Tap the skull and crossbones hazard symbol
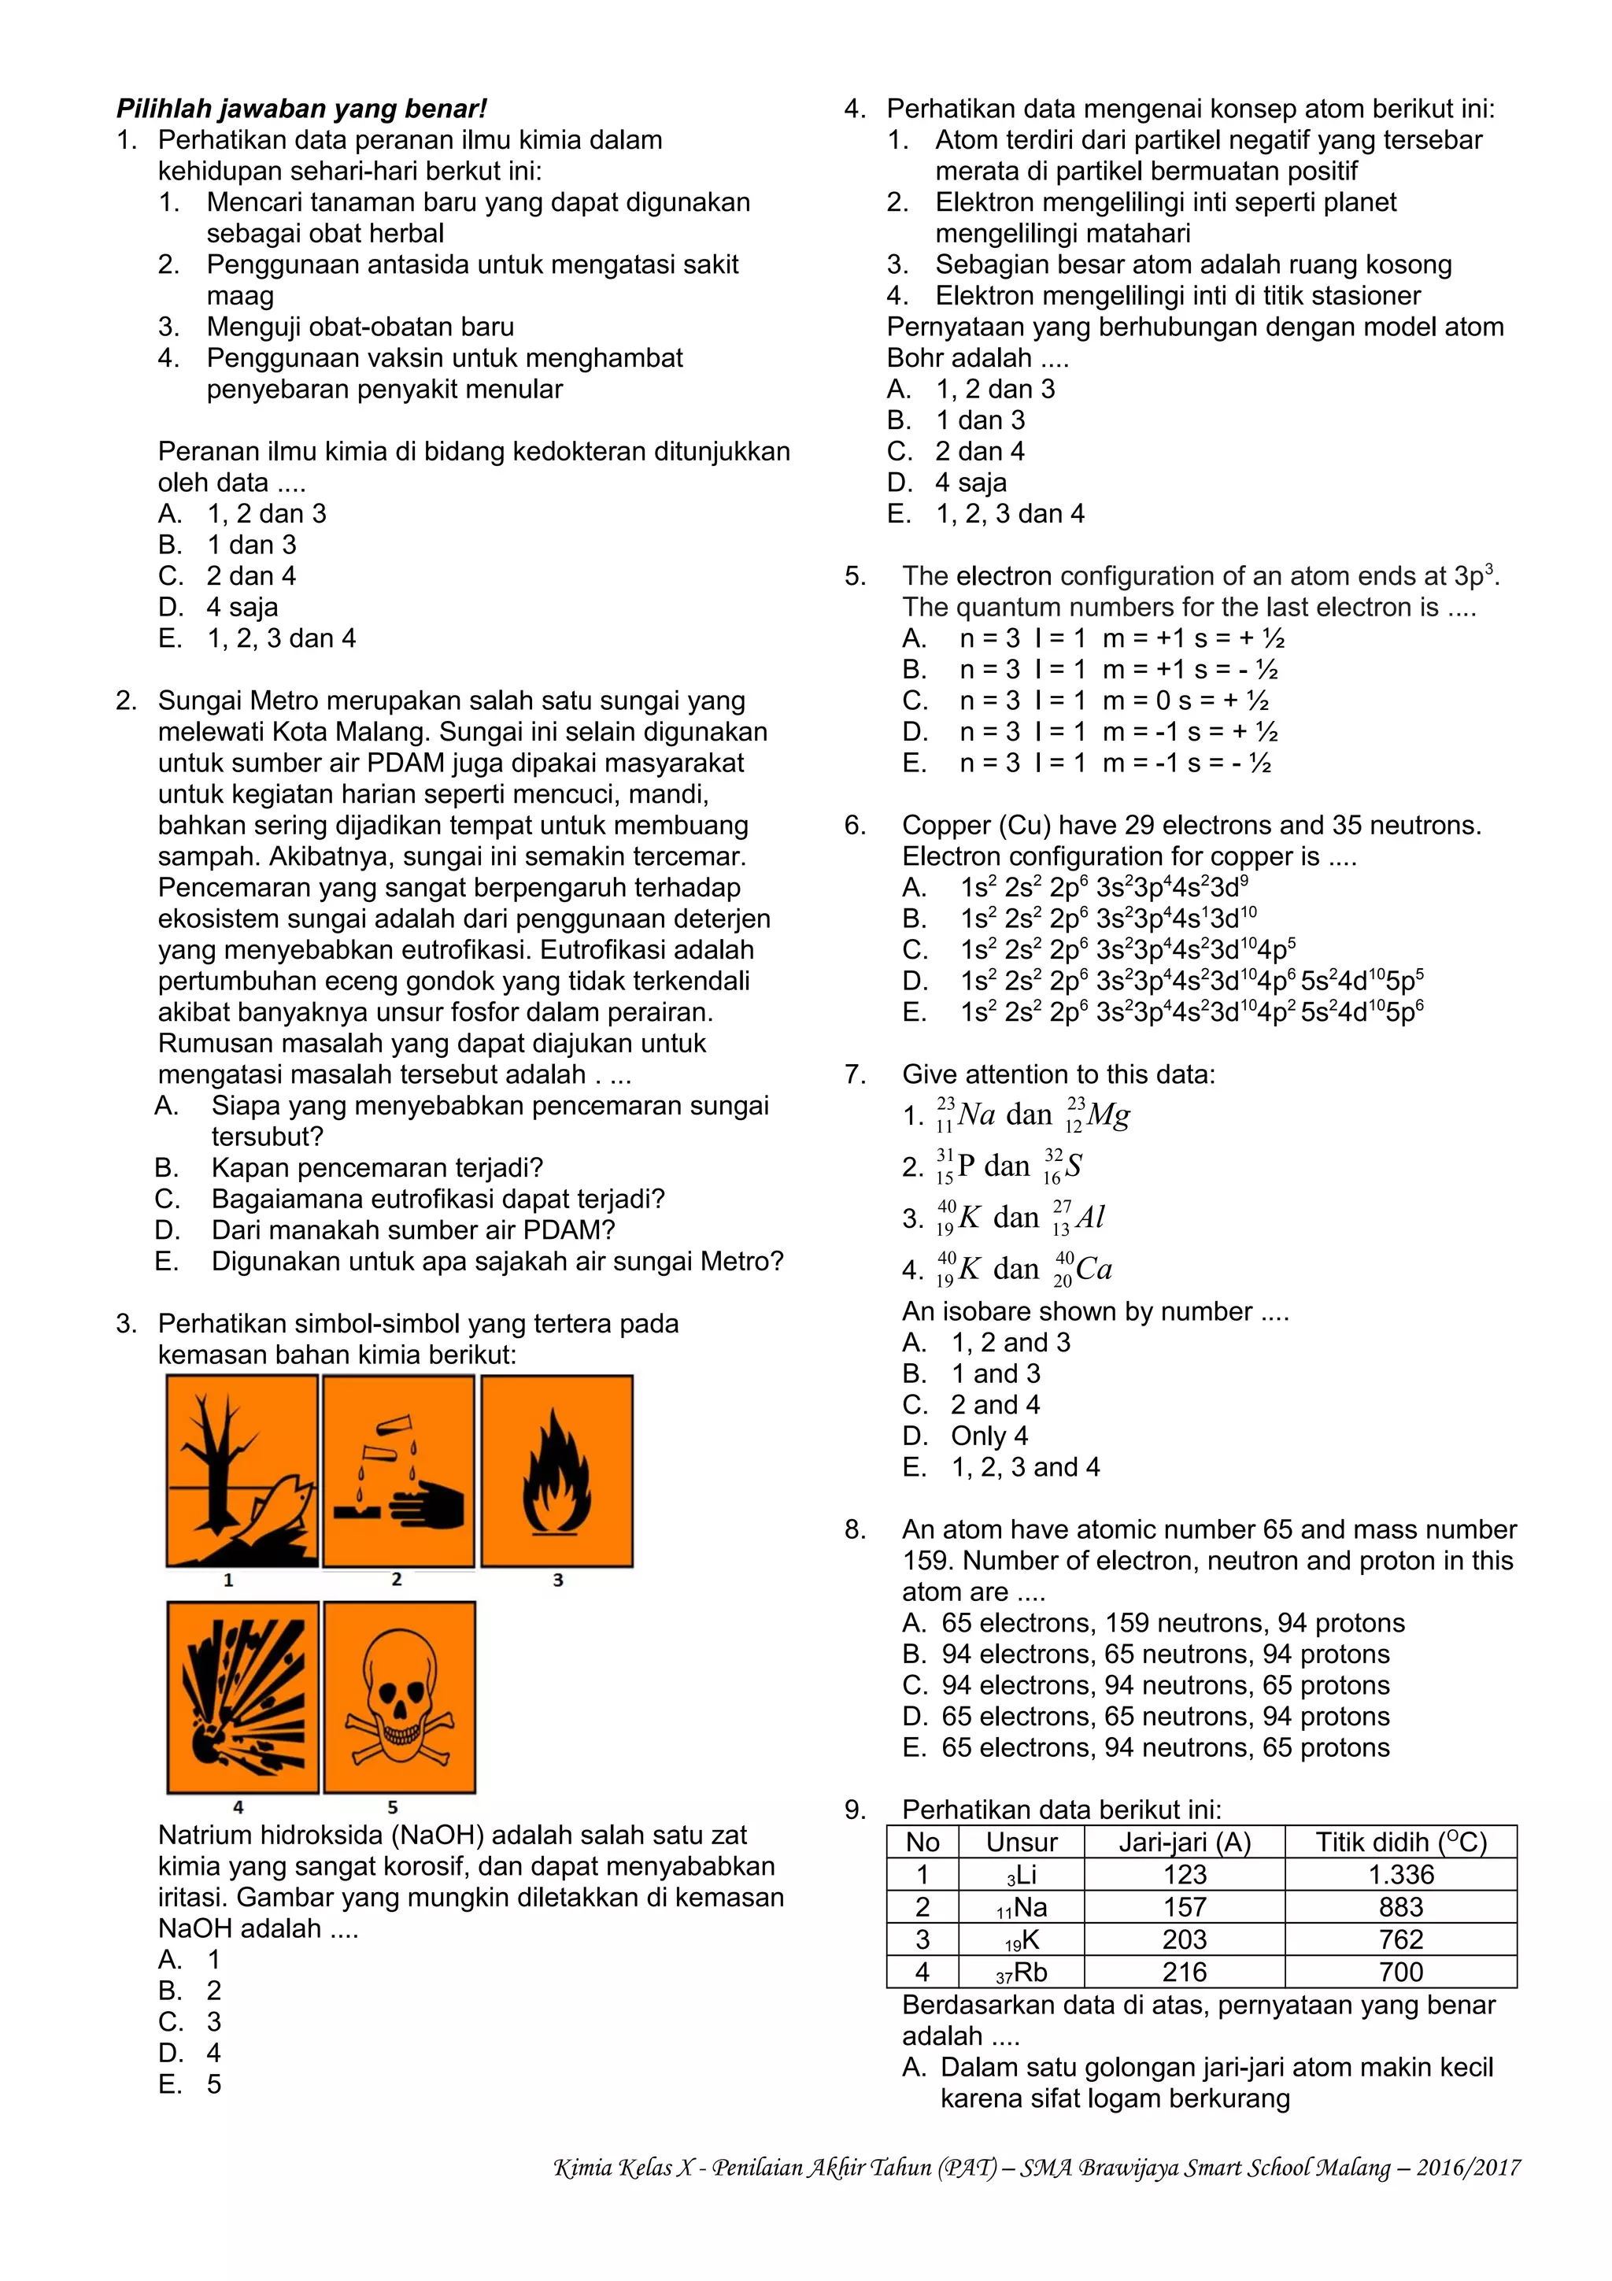[398, 1697]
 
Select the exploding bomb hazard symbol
[242, 1697]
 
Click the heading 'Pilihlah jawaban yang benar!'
[301, 109]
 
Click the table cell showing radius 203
[1184, 1939]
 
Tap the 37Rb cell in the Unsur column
[1021, 1972]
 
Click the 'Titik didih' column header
[1399, 1842]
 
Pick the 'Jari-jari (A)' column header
[1184, 1842]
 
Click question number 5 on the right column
[854, 576]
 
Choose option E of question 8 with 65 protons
[1164, 1747]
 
